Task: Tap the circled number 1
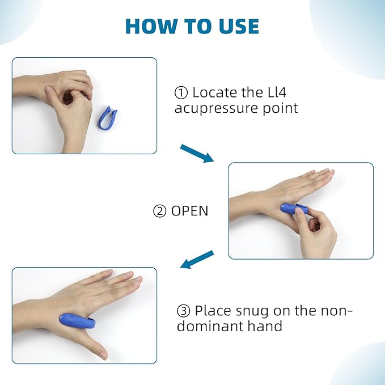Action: (181, 92)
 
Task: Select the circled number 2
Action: (160, 211)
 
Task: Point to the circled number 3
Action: (183, 311)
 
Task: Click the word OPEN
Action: (190, 211)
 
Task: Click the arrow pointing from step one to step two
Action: (197, 154)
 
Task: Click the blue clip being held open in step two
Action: (294, 209)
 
